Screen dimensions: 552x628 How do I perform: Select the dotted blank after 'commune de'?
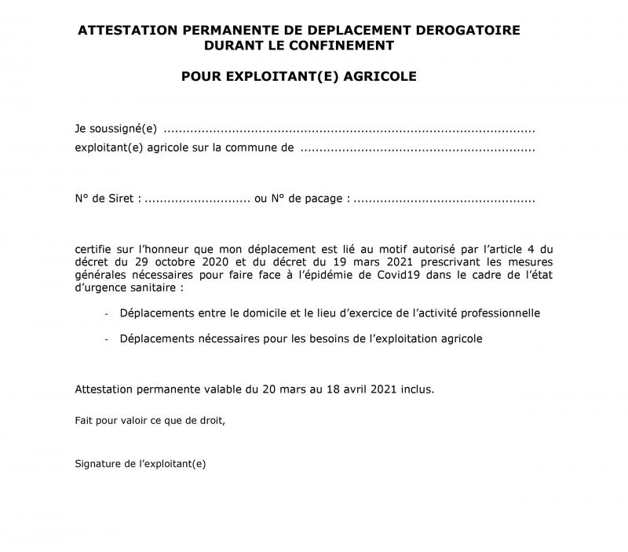(x=418, y=147)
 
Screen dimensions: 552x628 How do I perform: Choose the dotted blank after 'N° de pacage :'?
(x=444, y=199)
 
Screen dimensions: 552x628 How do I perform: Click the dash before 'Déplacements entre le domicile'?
(x=107, y=313)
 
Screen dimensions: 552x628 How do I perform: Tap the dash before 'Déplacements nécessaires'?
(x=107, y=339)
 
